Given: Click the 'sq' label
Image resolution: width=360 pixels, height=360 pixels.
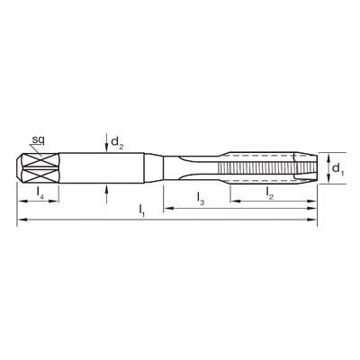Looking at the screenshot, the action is [39, 140].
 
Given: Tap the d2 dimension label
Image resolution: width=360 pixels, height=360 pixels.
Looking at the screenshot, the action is [117, 142].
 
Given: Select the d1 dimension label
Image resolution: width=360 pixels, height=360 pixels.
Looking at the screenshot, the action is [337, 168].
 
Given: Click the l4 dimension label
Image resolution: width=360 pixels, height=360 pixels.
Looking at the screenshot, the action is [40, 193].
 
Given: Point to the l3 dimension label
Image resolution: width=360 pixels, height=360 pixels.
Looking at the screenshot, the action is [201, 198].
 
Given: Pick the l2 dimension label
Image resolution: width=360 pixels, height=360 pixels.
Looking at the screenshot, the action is [269, 193].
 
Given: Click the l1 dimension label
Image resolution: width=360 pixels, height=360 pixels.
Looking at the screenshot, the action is [141, 211].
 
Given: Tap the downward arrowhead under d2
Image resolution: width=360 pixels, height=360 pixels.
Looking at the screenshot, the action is [106, 148].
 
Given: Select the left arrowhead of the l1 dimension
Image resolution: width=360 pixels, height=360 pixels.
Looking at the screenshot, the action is [22, 220].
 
